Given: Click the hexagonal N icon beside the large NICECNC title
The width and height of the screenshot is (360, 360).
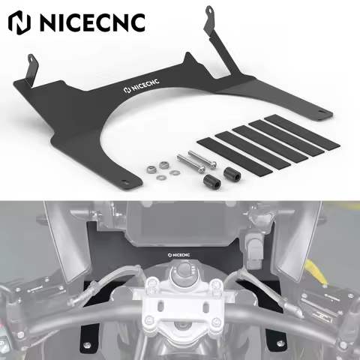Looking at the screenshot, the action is point(19,22).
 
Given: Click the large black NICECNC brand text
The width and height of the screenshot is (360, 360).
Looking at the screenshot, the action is point(92,22).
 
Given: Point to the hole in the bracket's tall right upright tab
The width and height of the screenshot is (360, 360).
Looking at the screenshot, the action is point(208,10).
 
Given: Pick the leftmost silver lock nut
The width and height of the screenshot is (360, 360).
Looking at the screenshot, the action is point(151,169).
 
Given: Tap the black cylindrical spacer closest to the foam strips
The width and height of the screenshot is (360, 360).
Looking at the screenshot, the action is point(231,172).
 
